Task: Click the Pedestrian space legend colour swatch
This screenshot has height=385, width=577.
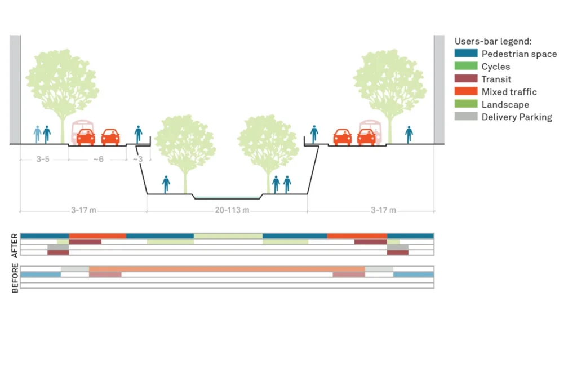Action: click(x=465, y=54)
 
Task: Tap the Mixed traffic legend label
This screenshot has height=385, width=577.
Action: click(x=509, y=92)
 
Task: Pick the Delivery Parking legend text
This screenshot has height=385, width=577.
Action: click(x=516, y=117)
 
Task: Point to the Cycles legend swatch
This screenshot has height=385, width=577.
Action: click(x=465, y=67)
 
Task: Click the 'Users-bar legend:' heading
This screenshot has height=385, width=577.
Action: click(x=493, y=41)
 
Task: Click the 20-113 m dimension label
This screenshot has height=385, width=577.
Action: click(x=227, y=210)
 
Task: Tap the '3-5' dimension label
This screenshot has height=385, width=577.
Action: click(x=43, y=160)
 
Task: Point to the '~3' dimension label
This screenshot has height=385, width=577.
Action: click(x=138, y=160)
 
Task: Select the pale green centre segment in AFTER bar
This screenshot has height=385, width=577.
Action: click(x=228, y=236)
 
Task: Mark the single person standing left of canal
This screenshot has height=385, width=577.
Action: click(x=166, y=184)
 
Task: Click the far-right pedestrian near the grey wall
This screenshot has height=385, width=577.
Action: click(x=409, y=134)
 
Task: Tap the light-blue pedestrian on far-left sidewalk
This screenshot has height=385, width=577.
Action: click(x=37, y=134)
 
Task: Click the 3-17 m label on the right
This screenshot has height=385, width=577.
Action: click(x=383, y=210)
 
